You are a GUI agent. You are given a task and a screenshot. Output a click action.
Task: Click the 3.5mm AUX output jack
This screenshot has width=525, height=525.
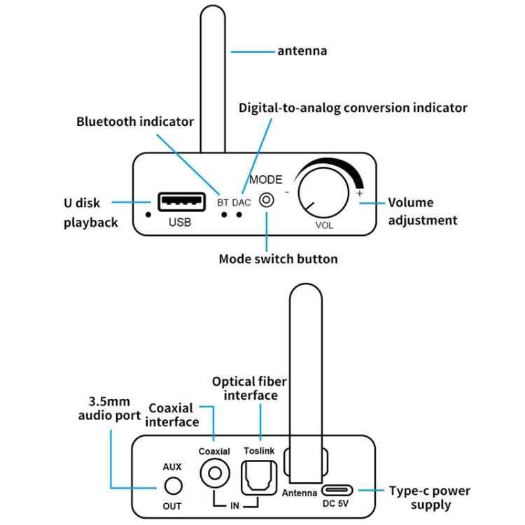pyautogui.click(x=172, y=485)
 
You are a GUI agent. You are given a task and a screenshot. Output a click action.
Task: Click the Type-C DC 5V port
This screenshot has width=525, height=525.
pyautogui.click(x=337, y=491)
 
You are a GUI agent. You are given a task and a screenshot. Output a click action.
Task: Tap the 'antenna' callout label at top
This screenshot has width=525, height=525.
pyautogui.click(x=302, y=51)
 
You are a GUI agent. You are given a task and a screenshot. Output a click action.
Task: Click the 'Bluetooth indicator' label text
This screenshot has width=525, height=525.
pyautogui.click(x=134, y=122)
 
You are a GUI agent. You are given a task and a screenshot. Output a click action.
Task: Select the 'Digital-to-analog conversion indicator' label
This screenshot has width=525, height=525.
pyautogui.click(x=353, y=108)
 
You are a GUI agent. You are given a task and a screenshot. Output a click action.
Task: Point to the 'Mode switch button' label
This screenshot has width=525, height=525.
pyautogui.click(x=278, y=259)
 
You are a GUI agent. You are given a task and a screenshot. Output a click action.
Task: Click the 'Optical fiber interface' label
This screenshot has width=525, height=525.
pyautogui.click(x=249, y=388)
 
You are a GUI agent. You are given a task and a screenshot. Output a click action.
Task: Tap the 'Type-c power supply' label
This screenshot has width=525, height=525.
pyautogui.click(x=430, y=498)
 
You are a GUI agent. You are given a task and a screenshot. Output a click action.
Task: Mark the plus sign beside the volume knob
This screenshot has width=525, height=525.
pyautogui.click(x=360, y=193)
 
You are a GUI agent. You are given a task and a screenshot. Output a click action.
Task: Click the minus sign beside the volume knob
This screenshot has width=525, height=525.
pyautogui.click(x=287, y=191)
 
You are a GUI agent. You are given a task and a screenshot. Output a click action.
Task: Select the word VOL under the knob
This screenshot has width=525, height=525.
pyautogui.click(x=324, y=225)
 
